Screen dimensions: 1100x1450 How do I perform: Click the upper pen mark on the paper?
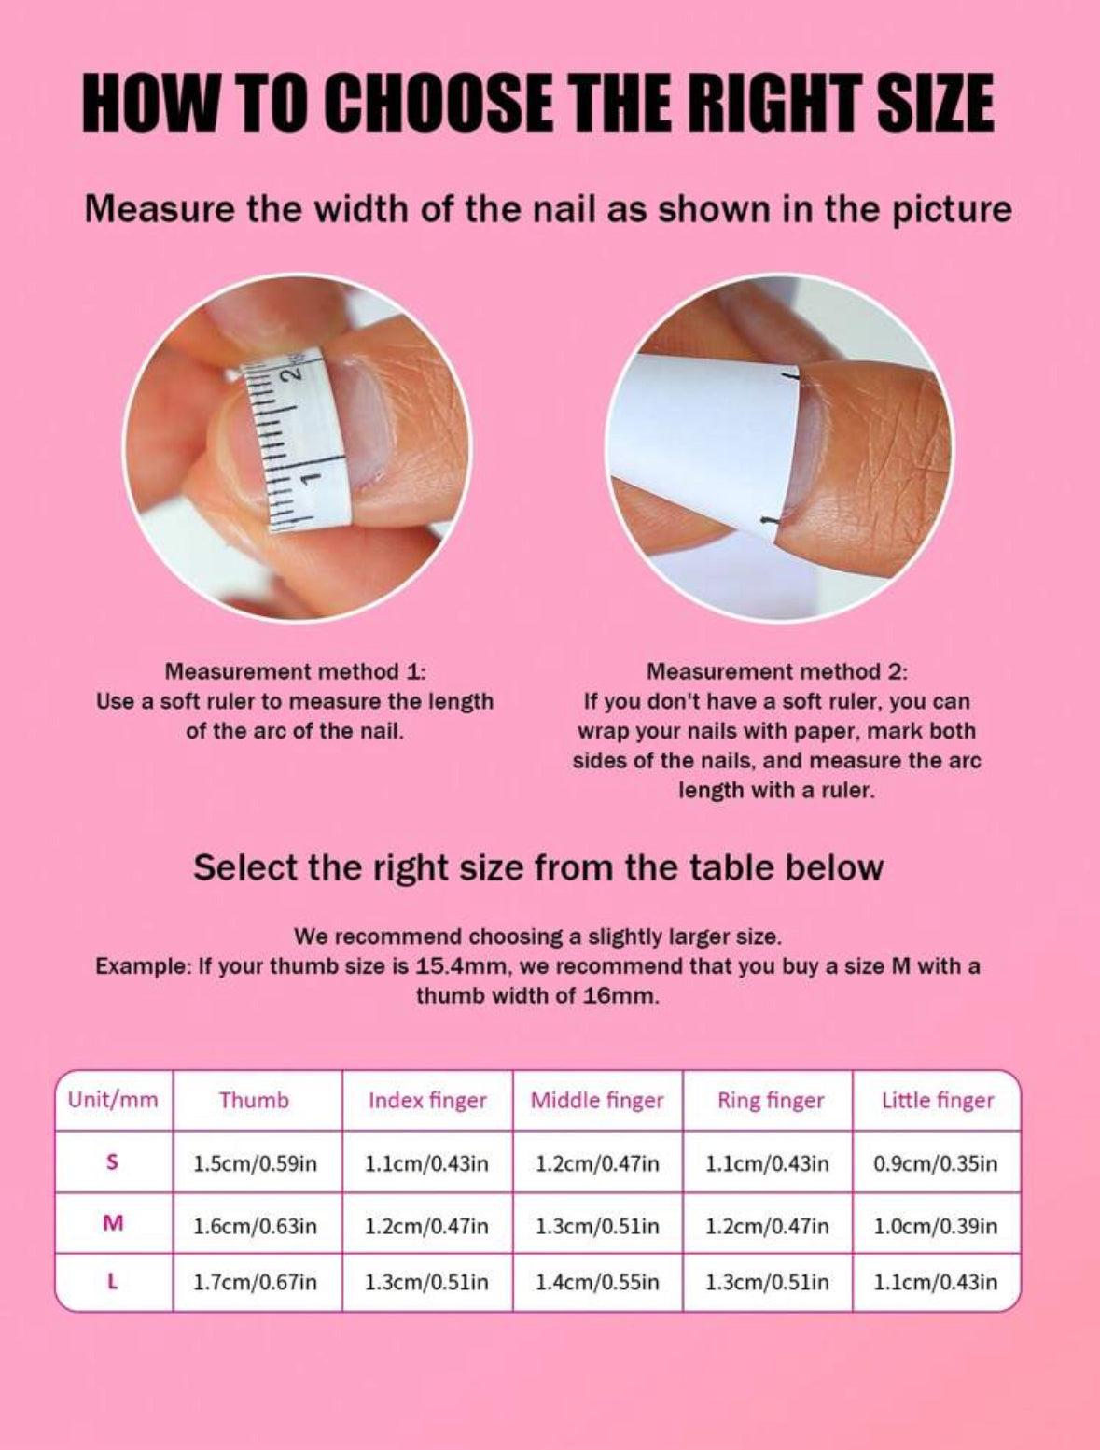(790, 376)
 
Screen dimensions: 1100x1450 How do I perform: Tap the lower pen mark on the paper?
(769, 521)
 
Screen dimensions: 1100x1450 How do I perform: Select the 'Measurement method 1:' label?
(295, 672)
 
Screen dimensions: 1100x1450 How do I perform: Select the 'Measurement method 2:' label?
(776, 672)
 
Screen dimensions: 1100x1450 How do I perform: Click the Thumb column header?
(254, 1101)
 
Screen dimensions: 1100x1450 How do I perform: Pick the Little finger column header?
(938, 1101)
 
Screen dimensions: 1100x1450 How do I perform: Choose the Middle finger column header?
(597, 1101)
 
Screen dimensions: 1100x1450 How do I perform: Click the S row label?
(113, 1162)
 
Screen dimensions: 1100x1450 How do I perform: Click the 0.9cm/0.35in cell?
(936, 1163)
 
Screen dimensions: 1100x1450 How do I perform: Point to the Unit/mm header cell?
(113, 1101)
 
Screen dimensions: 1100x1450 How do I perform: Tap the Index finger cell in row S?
(427, 1163)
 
